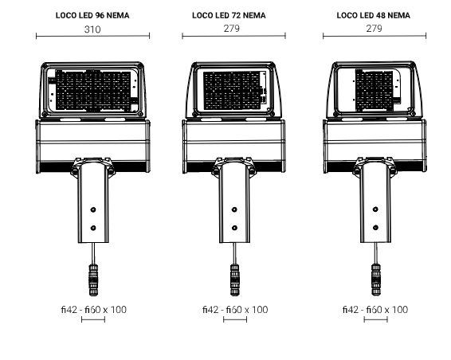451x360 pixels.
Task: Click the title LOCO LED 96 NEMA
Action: point(92,15)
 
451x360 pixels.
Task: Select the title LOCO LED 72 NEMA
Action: point(229,15)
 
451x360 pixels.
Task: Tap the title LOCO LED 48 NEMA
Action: point(374,15)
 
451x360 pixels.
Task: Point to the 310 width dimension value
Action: point(92,29)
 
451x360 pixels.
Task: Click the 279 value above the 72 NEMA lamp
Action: point(232,29)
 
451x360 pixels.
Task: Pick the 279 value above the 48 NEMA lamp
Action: point(374,29)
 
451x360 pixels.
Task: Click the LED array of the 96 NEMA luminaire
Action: point(92,90)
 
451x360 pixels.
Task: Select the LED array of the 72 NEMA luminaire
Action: point(232,91)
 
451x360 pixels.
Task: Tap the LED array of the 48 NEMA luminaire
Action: point(374,90)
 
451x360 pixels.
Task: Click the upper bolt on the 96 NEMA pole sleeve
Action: point(93,209)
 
